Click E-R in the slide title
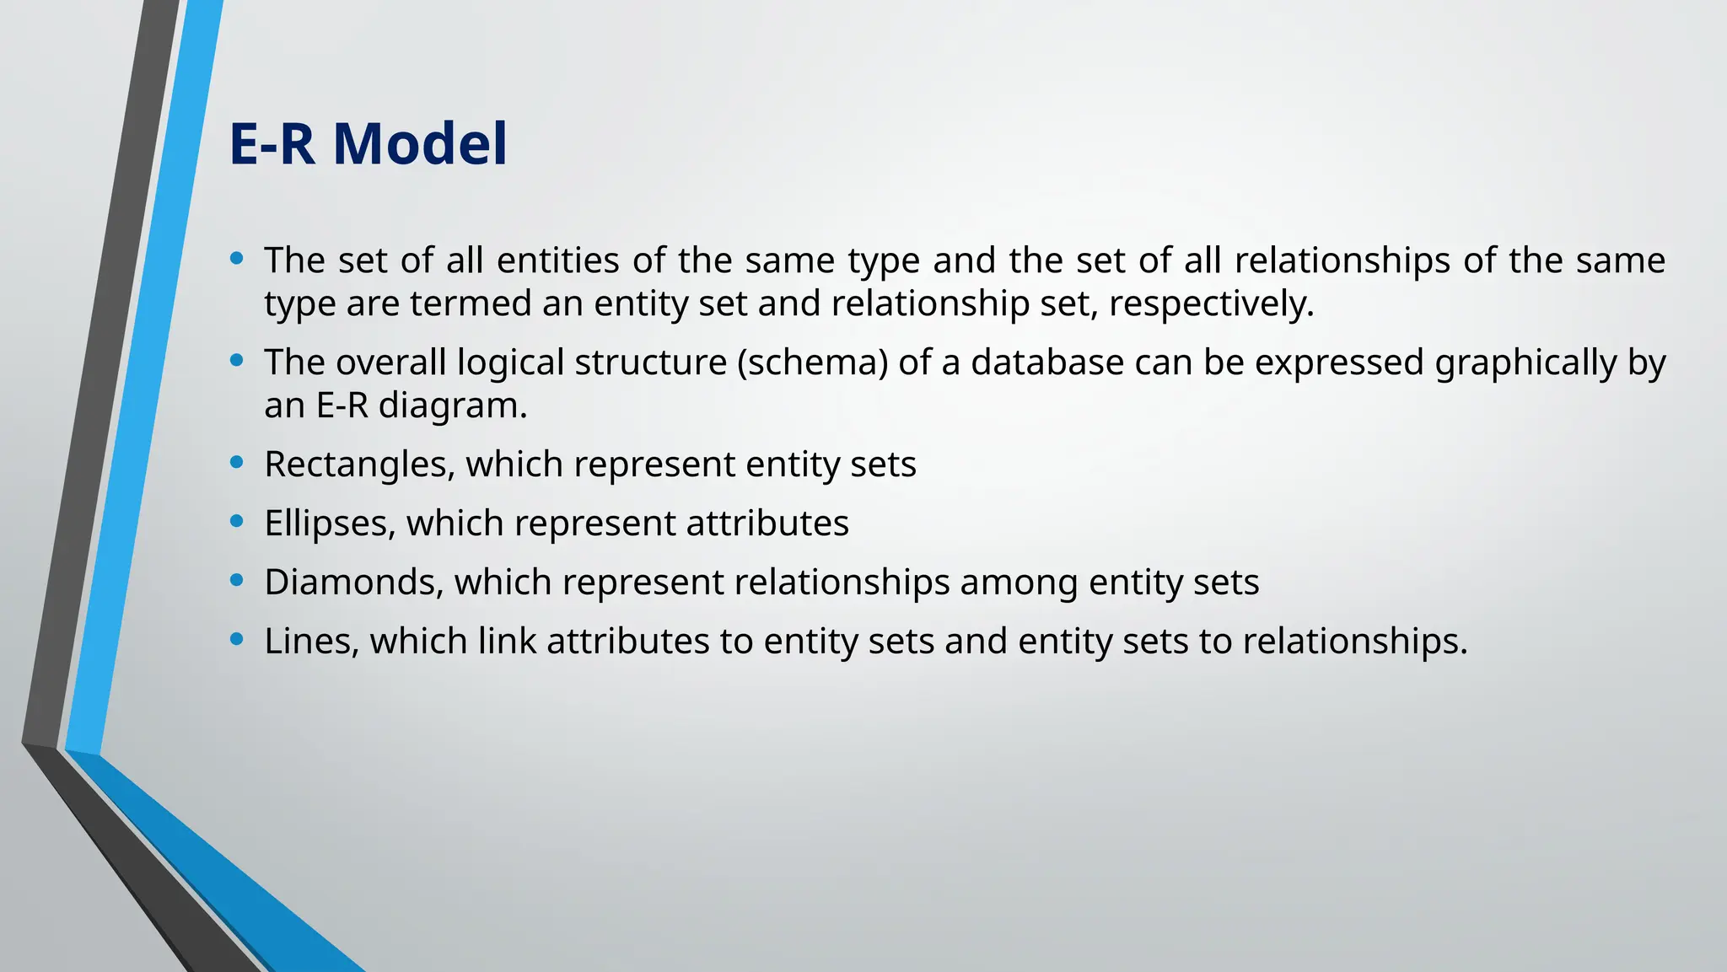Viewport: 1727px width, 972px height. point(272,143)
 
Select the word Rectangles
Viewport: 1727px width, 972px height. point(358,465)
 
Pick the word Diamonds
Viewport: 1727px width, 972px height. point(353,583)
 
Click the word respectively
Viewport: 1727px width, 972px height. point(1211,304)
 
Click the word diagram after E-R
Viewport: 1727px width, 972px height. point(452,406)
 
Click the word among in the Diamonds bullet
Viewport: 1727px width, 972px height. point(1019,583)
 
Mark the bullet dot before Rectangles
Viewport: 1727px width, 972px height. point(237,462)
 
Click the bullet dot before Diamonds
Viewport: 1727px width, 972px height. point(237,580)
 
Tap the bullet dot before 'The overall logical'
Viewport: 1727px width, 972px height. point(237,361)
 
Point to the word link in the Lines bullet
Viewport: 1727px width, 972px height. point(507,642)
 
